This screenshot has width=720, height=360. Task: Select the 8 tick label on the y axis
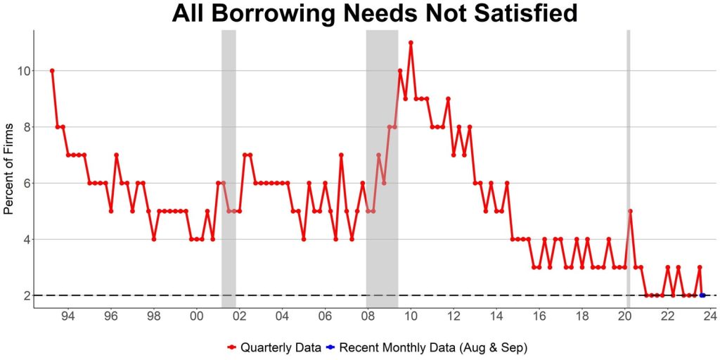click(24, 127)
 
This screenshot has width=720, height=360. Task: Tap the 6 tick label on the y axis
click(24, 183)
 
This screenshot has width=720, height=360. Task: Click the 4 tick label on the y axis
click(24, 239)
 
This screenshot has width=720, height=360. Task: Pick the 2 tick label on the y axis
click(24, 295)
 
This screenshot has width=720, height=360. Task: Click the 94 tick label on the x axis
click(68, 316)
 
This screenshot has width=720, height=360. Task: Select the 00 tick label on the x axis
click(197, 316)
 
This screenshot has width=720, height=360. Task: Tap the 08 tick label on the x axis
click(368, 316)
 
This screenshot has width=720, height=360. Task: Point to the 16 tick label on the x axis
click(539, 316)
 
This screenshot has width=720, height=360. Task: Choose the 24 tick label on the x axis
click(710, 316)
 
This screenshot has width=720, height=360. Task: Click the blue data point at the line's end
click(702, 295)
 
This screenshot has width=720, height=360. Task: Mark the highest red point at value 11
click(411, 42)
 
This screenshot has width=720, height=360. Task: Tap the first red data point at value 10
click(52, 70)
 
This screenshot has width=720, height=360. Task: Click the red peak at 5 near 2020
click(631, 211)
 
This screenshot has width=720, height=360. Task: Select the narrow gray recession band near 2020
click(628, 169)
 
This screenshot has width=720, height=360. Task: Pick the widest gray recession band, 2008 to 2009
click(382, 169)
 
